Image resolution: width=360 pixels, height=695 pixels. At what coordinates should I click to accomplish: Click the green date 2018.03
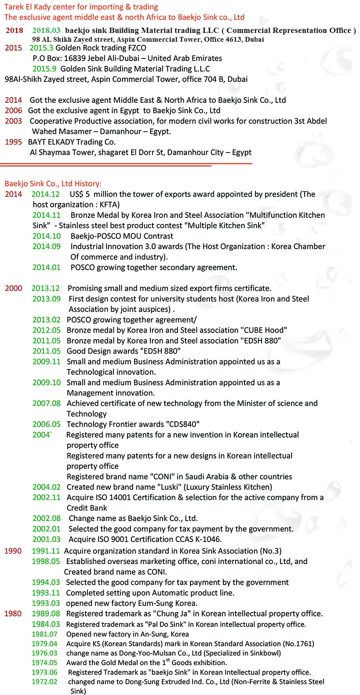click(x=46, y=30)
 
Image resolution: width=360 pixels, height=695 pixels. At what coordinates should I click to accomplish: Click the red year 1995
click(x=13, y=142)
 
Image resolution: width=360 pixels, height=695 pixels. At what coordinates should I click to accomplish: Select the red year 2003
click(x=13, y=121)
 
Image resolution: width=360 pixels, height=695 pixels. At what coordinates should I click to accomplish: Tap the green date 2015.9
click(x=44, y=69)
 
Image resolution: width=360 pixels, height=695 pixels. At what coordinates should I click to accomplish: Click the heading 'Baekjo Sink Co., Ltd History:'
click(x=53, y=184)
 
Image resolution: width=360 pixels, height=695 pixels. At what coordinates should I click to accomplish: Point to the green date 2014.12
click(x=45, y=194)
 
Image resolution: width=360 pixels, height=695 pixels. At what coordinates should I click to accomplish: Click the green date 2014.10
click(x=47, y=236)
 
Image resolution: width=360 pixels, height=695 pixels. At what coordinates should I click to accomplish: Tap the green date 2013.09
click(x=47, y=299)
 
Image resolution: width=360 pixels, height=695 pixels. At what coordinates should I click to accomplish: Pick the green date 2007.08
click(x=47, y=403)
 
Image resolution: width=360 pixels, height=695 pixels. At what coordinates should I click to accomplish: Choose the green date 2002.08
click(x=47, y=518)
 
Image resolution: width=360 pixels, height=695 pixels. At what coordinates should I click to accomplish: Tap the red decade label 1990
click(x=13, y=551)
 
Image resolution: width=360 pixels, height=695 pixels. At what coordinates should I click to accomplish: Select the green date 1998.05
click(x=46, y=561)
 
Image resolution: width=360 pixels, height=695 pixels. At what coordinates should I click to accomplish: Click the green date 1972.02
click(x=44, y=682)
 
